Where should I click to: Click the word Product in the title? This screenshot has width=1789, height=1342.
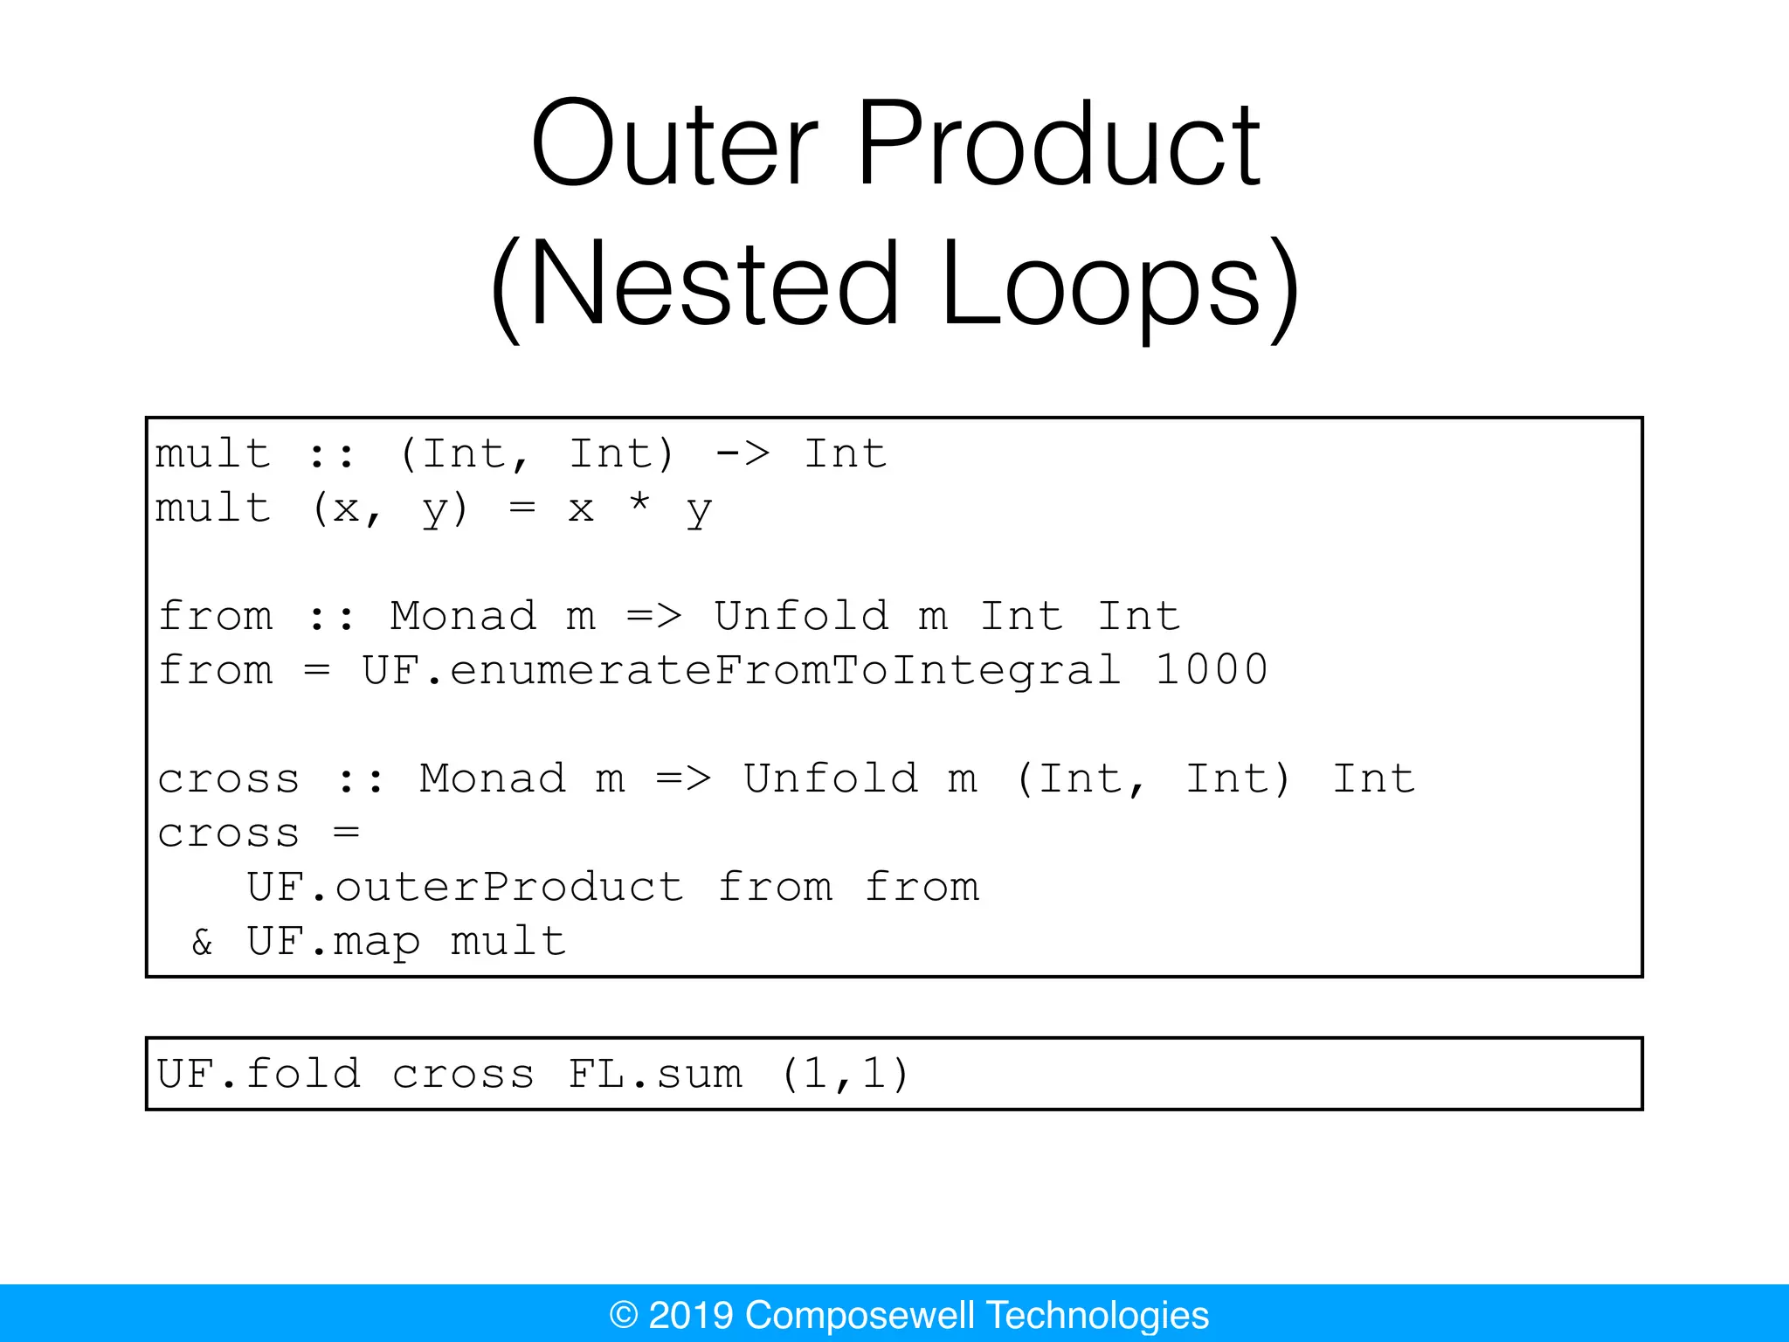(1059, 144)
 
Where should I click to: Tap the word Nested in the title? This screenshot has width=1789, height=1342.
(712, 286)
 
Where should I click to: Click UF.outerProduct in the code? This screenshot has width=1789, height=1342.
(465, 888)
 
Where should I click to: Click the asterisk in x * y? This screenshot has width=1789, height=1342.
(639, 505)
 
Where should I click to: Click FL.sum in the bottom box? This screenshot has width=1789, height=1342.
(655, 1075)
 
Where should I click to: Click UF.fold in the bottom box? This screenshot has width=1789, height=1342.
(259, 1075)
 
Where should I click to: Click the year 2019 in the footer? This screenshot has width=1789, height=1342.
(690, 1315)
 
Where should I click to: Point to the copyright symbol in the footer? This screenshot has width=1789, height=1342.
(624, 1315)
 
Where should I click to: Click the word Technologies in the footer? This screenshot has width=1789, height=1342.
(1098, 1315)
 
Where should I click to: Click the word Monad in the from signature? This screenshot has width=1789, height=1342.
(463, 617)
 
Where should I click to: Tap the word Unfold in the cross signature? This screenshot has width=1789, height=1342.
(831, 779)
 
